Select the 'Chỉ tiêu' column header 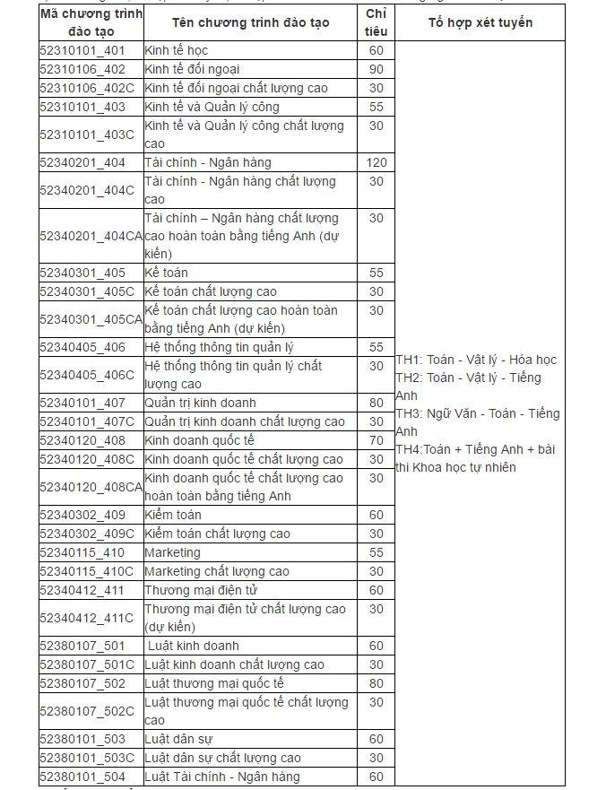click(376, 22)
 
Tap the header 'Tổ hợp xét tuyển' click(480, 22)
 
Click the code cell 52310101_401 click(82, 50)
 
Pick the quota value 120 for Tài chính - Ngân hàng click(377, 162)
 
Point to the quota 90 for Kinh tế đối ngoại click(377, 69)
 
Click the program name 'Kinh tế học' click(177, 50)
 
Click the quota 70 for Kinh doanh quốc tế click(377, 440)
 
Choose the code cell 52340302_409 click(82, 515)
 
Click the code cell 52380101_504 click(82, 777)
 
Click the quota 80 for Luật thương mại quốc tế click(377, 683)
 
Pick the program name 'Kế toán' click(167, 273)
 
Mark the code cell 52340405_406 click(82, 347)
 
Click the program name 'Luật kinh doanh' click(194, 646)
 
